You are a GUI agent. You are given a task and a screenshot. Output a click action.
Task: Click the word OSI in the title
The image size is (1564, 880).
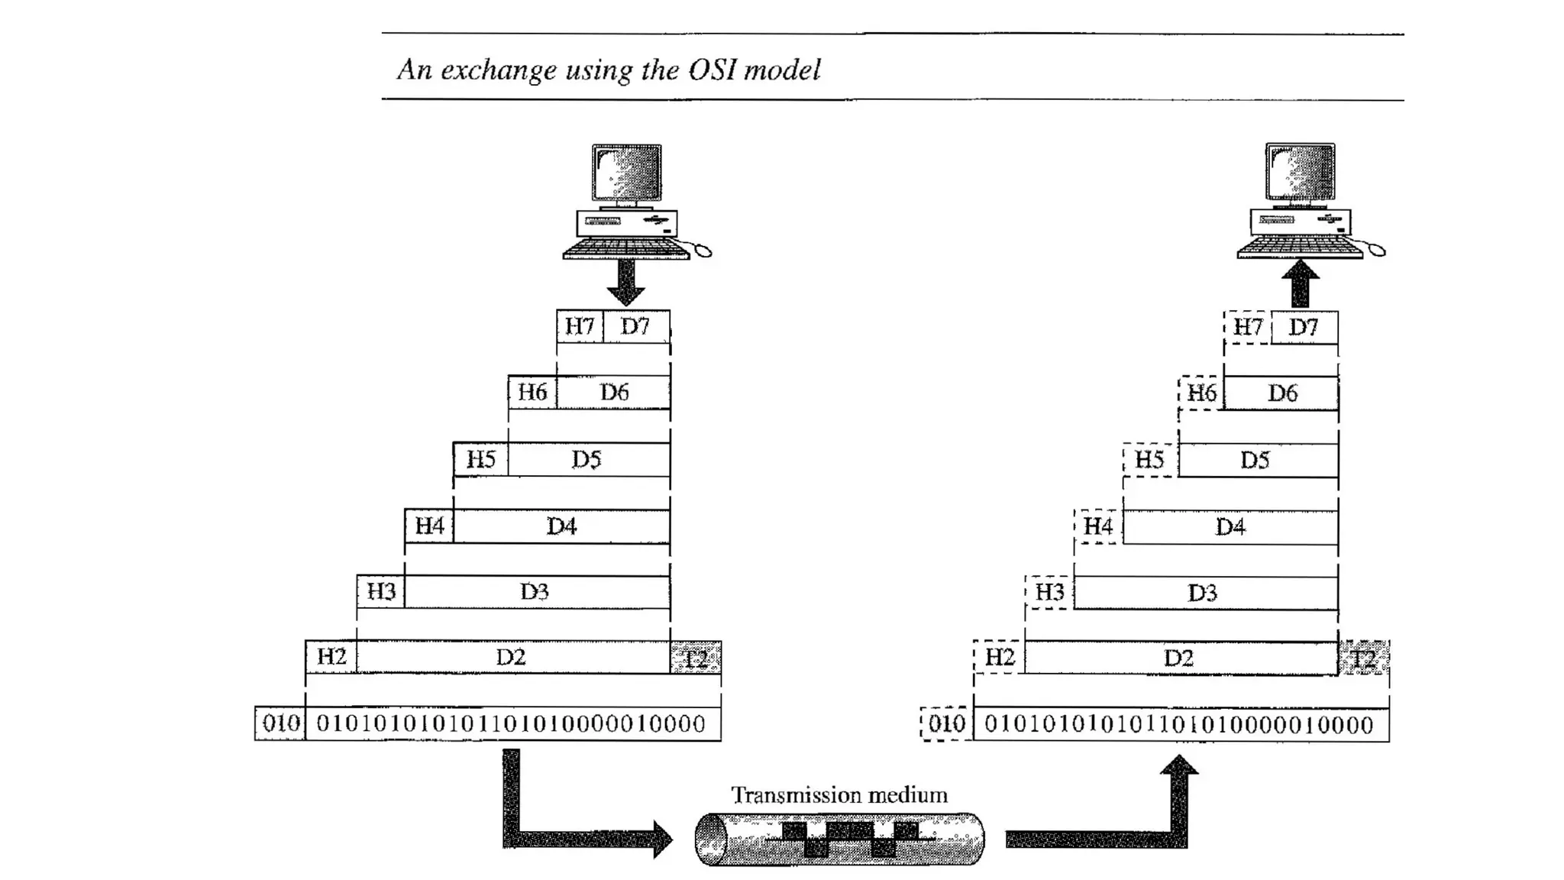point(713,70)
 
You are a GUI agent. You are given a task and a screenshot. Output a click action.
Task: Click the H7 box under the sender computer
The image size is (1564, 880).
point(580,327)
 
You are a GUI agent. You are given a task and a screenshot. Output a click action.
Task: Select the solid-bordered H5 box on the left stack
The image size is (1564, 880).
point(480,459)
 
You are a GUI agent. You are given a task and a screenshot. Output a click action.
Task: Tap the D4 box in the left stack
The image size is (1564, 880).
point(561,526)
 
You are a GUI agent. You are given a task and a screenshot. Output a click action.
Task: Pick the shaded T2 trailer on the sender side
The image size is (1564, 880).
point(696,658)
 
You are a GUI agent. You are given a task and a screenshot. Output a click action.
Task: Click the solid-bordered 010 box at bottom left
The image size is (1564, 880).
point(280,723)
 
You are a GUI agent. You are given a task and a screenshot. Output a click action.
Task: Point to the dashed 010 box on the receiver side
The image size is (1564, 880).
point(947,723)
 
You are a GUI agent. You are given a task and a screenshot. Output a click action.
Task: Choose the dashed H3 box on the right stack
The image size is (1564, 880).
point(1049,592)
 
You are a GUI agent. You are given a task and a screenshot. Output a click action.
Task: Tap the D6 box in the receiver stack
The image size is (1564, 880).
point(1281,393)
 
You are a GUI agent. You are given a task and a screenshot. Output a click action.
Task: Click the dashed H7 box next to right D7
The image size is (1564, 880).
point(1248,328)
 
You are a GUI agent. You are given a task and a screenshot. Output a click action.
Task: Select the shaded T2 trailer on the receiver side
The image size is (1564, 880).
point(1364,658)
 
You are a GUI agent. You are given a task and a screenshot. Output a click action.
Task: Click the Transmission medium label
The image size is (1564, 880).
point(839,795)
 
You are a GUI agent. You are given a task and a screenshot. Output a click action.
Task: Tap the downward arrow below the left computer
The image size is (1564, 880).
point(626,283)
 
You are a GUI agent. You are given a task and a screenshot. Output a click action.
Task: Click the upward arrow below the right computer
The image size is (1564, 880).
point(1300,283)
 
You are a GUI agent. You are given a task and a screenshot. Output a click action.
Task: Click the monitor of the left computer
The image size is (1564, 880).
point(627,173)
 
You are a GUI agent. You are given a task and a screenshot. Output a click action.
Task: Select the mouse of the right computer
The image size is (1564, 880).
point(1376,250)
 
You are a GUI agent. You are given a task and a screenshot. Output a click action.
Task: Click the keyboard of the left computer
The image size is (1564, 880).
point(625,249)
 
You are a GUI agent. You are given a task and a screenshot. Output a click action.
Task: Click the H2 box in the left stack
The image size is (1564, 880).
point(331,657)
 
